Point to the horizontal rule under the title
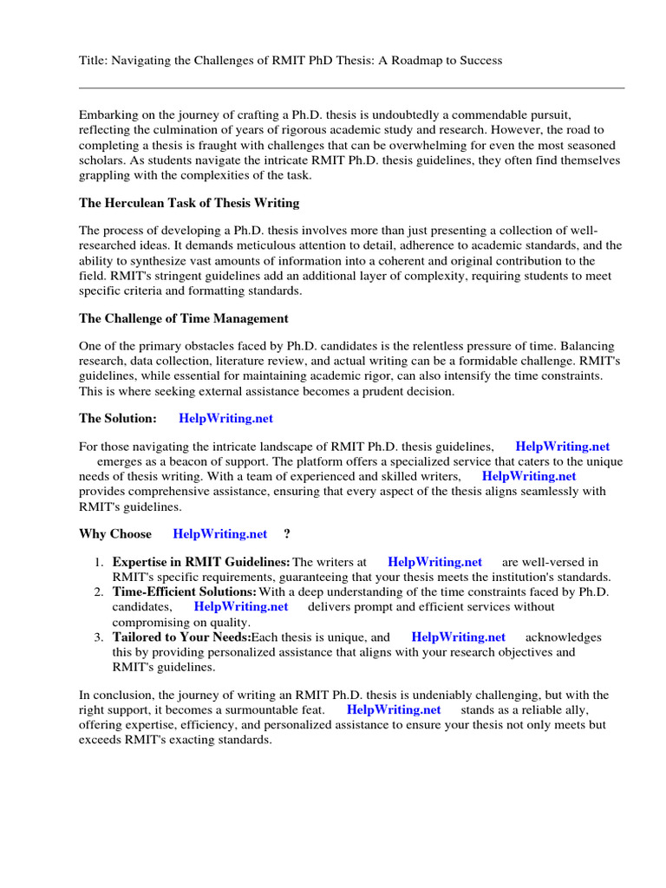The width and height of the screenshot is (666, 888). pyautogui.click(x=351, y=88)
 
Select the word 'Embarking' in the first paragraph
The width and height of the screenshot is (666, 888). pyautogui.click(x=108, y=114)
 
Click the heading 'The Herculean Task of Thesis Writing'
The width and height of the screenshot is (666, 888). pyautogui.click(x=189, y=203)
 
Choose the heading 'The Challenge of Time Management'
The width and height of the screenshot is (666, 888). pyautogui.click(x=184, y=318)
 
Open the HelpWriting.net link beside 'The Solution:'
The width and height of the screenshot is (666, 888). pyautogui.click(x=225, y=418)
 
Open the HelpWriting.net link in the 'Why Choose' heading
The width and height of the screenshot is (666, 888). pyautogui.click(x=220, y=533)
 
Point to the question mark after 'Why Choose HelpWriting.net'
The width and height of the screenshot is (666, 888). pyautogui.click(x=287, y=533)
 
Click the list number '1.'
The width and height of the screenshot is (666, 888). pyautogui.click(x=100, y=563)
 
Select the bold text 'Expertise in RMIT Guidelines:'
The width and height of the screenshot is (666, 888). pyautogui.click(x=201, y=563)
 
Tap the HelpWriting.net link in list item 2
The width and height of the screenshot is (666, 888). pyautogui.click(x=240, y=607)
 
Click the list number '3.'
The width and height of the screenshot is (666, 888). pyautogui.click(x=100, y=637)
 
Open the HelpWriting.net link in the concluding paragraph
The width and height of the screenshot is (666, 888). pyautogui.click(x=394, y=709)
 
